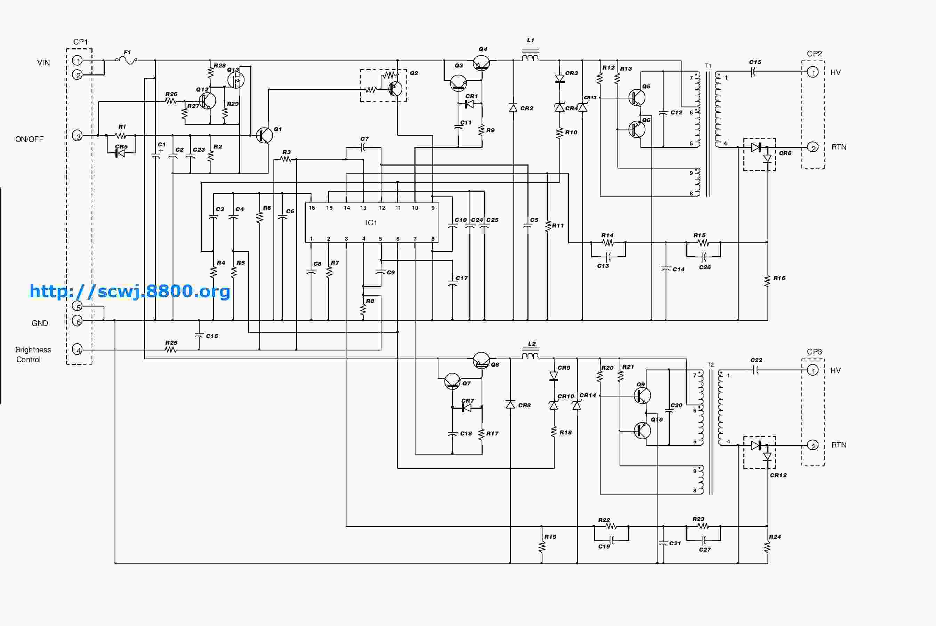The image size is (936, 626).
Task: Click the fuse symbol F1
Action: point(126,61)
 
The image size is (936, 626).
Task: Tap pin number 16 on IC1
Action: point(312,208)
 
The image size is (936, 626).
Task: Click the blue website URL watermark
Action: point(130,291)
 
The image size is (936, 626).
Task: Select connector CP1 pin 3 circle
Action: point(78,136)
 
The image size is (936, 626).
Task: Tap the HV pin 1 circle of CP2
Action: point(813,72)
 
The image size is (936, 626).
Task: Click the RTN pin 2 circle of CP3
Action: point(813,445)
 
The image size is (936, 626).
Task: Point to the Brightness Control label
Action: point(33,354)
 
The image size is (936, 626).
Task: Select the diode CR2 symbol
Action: point(513,108)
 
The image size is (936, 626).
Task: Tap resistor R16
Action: point(767,281)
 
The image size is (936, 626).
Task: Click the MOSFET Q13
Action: point(236,79)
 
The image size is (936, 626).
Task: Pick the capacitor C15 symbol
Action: point(753,72)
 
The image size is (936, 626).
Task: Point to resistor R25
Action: point(171,350)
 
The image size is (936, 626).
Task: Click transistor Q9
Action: point(642,396)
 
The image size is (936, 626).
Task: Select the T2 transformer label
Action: point(710,365)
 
